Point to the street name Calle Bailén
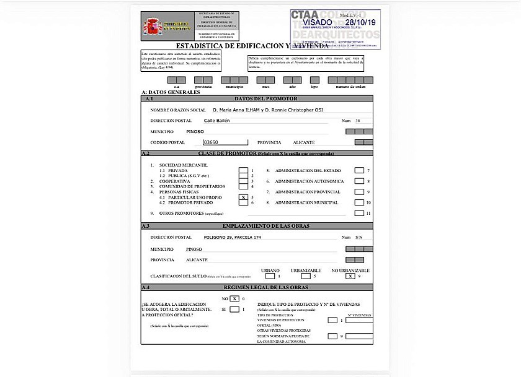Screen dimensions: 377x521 (216, 120)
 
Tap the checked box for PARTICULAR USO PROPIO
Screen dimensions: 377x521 (243, 197)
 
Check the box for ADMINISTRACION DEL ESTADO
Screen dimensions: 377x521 (358, 170)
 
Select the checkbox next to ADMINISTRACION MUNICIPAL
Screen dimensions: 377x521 (358, 202)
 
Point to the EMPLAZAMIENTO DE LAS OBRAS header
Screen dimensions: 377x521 (265, 226)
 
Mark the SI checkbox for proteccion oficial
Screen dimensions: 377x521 (234, 310)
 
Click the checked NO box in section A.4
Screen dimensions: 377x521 (234, 298)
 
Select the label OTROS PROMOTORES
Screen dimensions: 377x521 (182, 213)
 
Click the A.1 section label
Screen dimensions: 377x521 (148, 99)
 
